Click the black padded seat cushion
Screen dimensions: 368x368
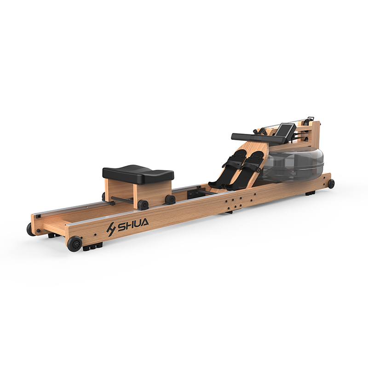pyautogui.click(x=138, y=174)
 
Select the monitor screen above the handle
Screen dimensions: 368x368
pyautogui.click(x=285, y=130)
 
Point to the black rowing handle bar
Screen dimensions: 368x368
pyautogui.click(x=258, y=138)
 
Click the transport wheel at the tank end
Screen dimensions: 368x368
pyautogui.click(x=331, y=184)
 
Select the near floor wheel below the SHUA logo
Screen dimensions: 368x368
pyautogui.click(x=75, y=244)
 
